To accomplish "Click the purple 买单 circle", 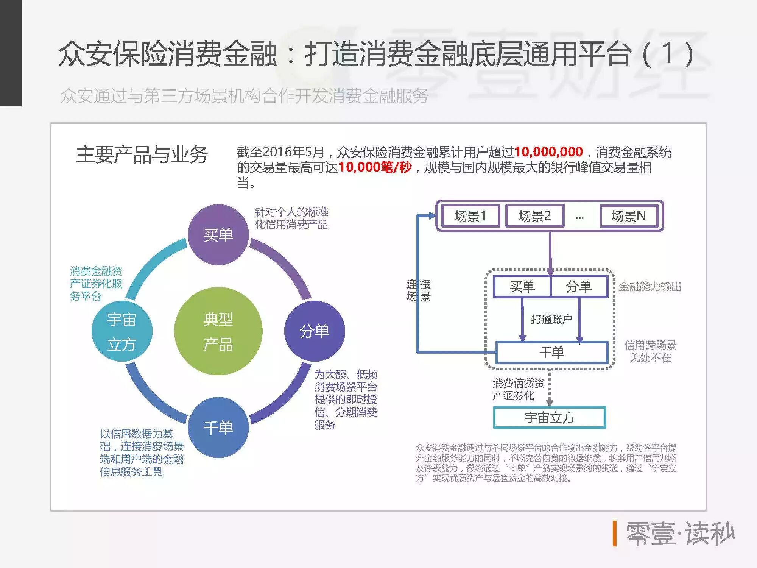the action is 218,235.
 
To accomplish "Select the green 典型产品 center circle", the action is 218,331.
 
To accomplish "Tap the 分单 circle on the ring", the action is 315,331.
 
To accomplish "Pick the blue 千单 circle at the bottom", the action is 218,428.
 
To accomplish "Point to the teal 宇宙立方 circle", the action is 122,331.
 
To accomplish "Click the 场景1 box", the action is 470,216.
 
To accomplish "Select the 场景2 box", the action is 534,216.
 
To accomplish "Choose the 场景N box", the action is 628,216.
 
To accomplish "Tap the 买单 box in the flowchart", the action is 522,287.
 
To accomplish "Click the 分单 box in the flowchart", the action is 579,287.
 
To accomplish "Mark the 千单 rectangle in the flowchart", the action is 552,353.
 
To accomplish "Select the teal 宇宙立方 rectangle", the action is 550,418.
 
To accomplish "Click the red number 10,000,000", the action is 548,152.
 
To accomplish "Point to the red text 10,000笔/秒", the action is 375,167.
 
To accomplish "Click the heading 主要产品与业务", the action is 142,155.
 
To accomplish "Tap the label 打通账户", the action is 551,320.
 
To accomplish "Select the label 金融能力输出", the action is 650,287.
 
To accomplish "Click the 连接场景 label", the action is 418,290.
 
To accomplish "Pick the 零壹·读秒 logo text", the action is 679,534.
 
